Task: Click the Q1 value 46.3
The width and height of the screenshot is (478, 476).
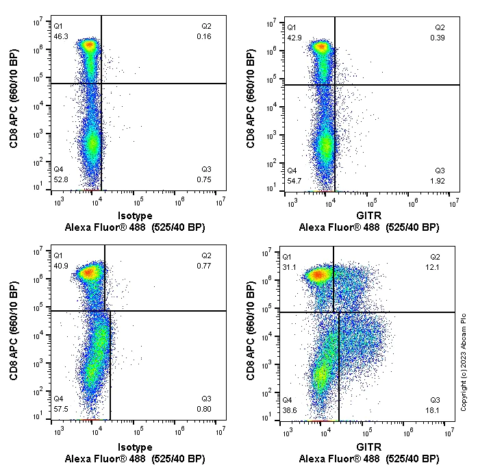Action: coord(60,36)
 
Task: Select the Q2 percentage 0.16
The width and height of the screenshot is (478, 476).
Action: coord(205,36)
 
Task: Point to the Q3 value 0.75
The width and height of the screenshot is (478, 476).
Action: coord(205,179)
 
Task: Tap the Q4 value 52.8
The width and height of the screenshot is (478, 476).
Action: coord(60,179)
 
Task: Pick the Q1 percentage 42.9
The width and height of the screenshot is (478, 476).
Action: coord(294,37)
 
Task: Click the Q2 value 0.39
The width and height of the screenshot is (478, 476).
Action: coord(439,37)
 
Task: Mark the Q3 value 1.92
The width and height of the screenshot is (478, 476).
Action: coord(439,181)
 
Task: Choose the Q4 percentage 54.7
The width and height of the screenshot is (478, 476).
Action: coord(294,180)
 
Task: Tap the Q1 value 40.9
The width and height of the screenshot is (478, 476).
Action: coord(60,266)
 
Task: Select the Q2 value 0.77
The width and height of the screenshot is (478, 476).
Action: coord(205,266)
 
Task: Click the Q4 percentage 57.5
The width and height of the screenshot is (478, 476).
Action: coord(60,409)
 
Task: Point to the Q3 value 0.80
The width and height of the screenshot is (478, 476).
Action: coord(205,409)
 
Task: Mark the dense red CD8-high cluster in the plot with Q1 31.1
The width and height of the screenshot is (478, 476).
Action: coord(317,275)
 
